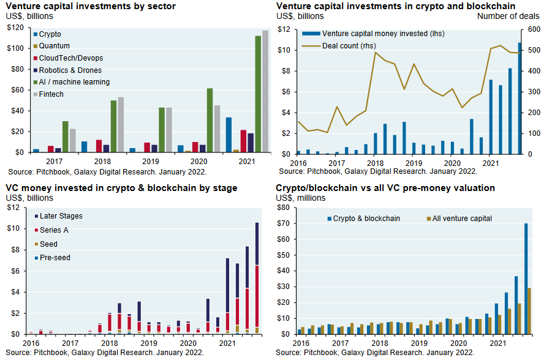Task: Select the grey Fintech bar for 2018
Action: coord(121,124)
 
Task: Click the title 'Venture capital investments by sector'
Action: coord(91,6)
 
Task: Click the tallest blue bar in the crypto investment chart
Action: coord(520,98)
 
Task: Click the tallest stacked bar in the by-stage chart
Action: coord(257,278)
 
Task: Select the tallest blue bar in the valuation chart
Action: coord(526,279)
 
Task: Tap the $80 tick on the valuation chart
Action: coord(282,208)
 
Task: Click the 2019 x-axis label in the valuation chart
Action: coord(415,345)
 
